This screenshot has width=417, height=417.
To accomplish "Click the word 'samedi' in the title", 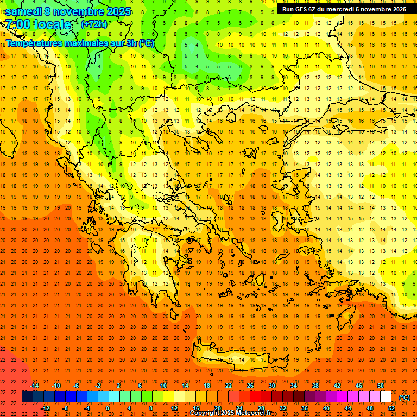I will click(23, 11).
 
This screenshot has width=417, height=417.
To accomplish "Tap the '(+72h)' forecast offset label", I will click(94, 24).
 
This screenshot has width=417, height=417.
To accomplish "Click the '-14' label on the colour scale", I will click(35, 386).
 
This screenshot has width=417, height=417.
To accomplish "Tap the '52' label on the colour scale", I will click(391, 408).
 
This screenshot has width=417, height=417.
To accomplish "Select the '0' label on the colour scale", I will click(107, 408).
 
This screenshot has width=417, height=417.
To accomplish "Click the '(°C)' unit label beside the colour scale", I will click(405, 397).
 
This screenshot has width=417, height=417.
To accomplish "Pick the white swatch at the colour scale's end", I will click(386, 397).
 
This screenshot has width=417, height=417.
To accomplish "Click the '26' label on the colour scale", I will click(250, 386).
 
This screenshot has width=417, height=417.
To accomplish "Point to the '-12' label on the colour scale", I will click(46, 408).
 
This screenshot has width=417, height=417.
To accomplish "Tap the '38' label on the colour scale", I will click(315, 386).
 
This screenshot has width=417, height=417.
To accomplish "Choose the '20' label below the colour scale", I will click(217, 408).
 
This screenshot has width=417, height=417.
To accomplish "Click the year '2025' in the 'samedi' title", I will click(118, 11).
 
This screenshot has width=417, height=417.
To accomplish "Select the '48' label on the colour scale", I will click(370, 408).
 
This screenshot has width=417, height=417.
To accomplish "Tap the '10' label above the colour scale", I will click(163, 386).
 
